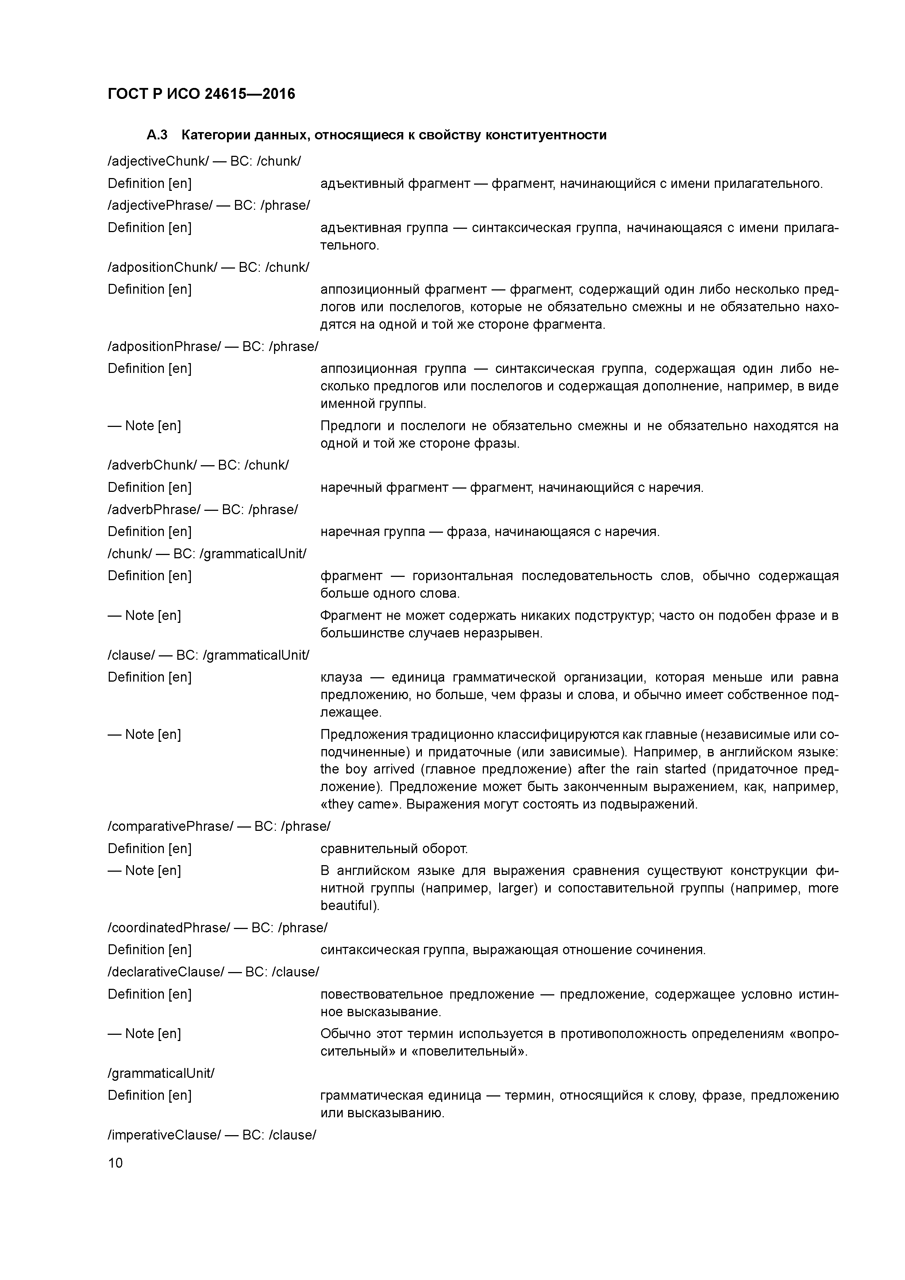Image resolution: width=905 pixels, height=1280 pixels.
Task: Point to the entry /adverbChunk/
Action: click(152, 465)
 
